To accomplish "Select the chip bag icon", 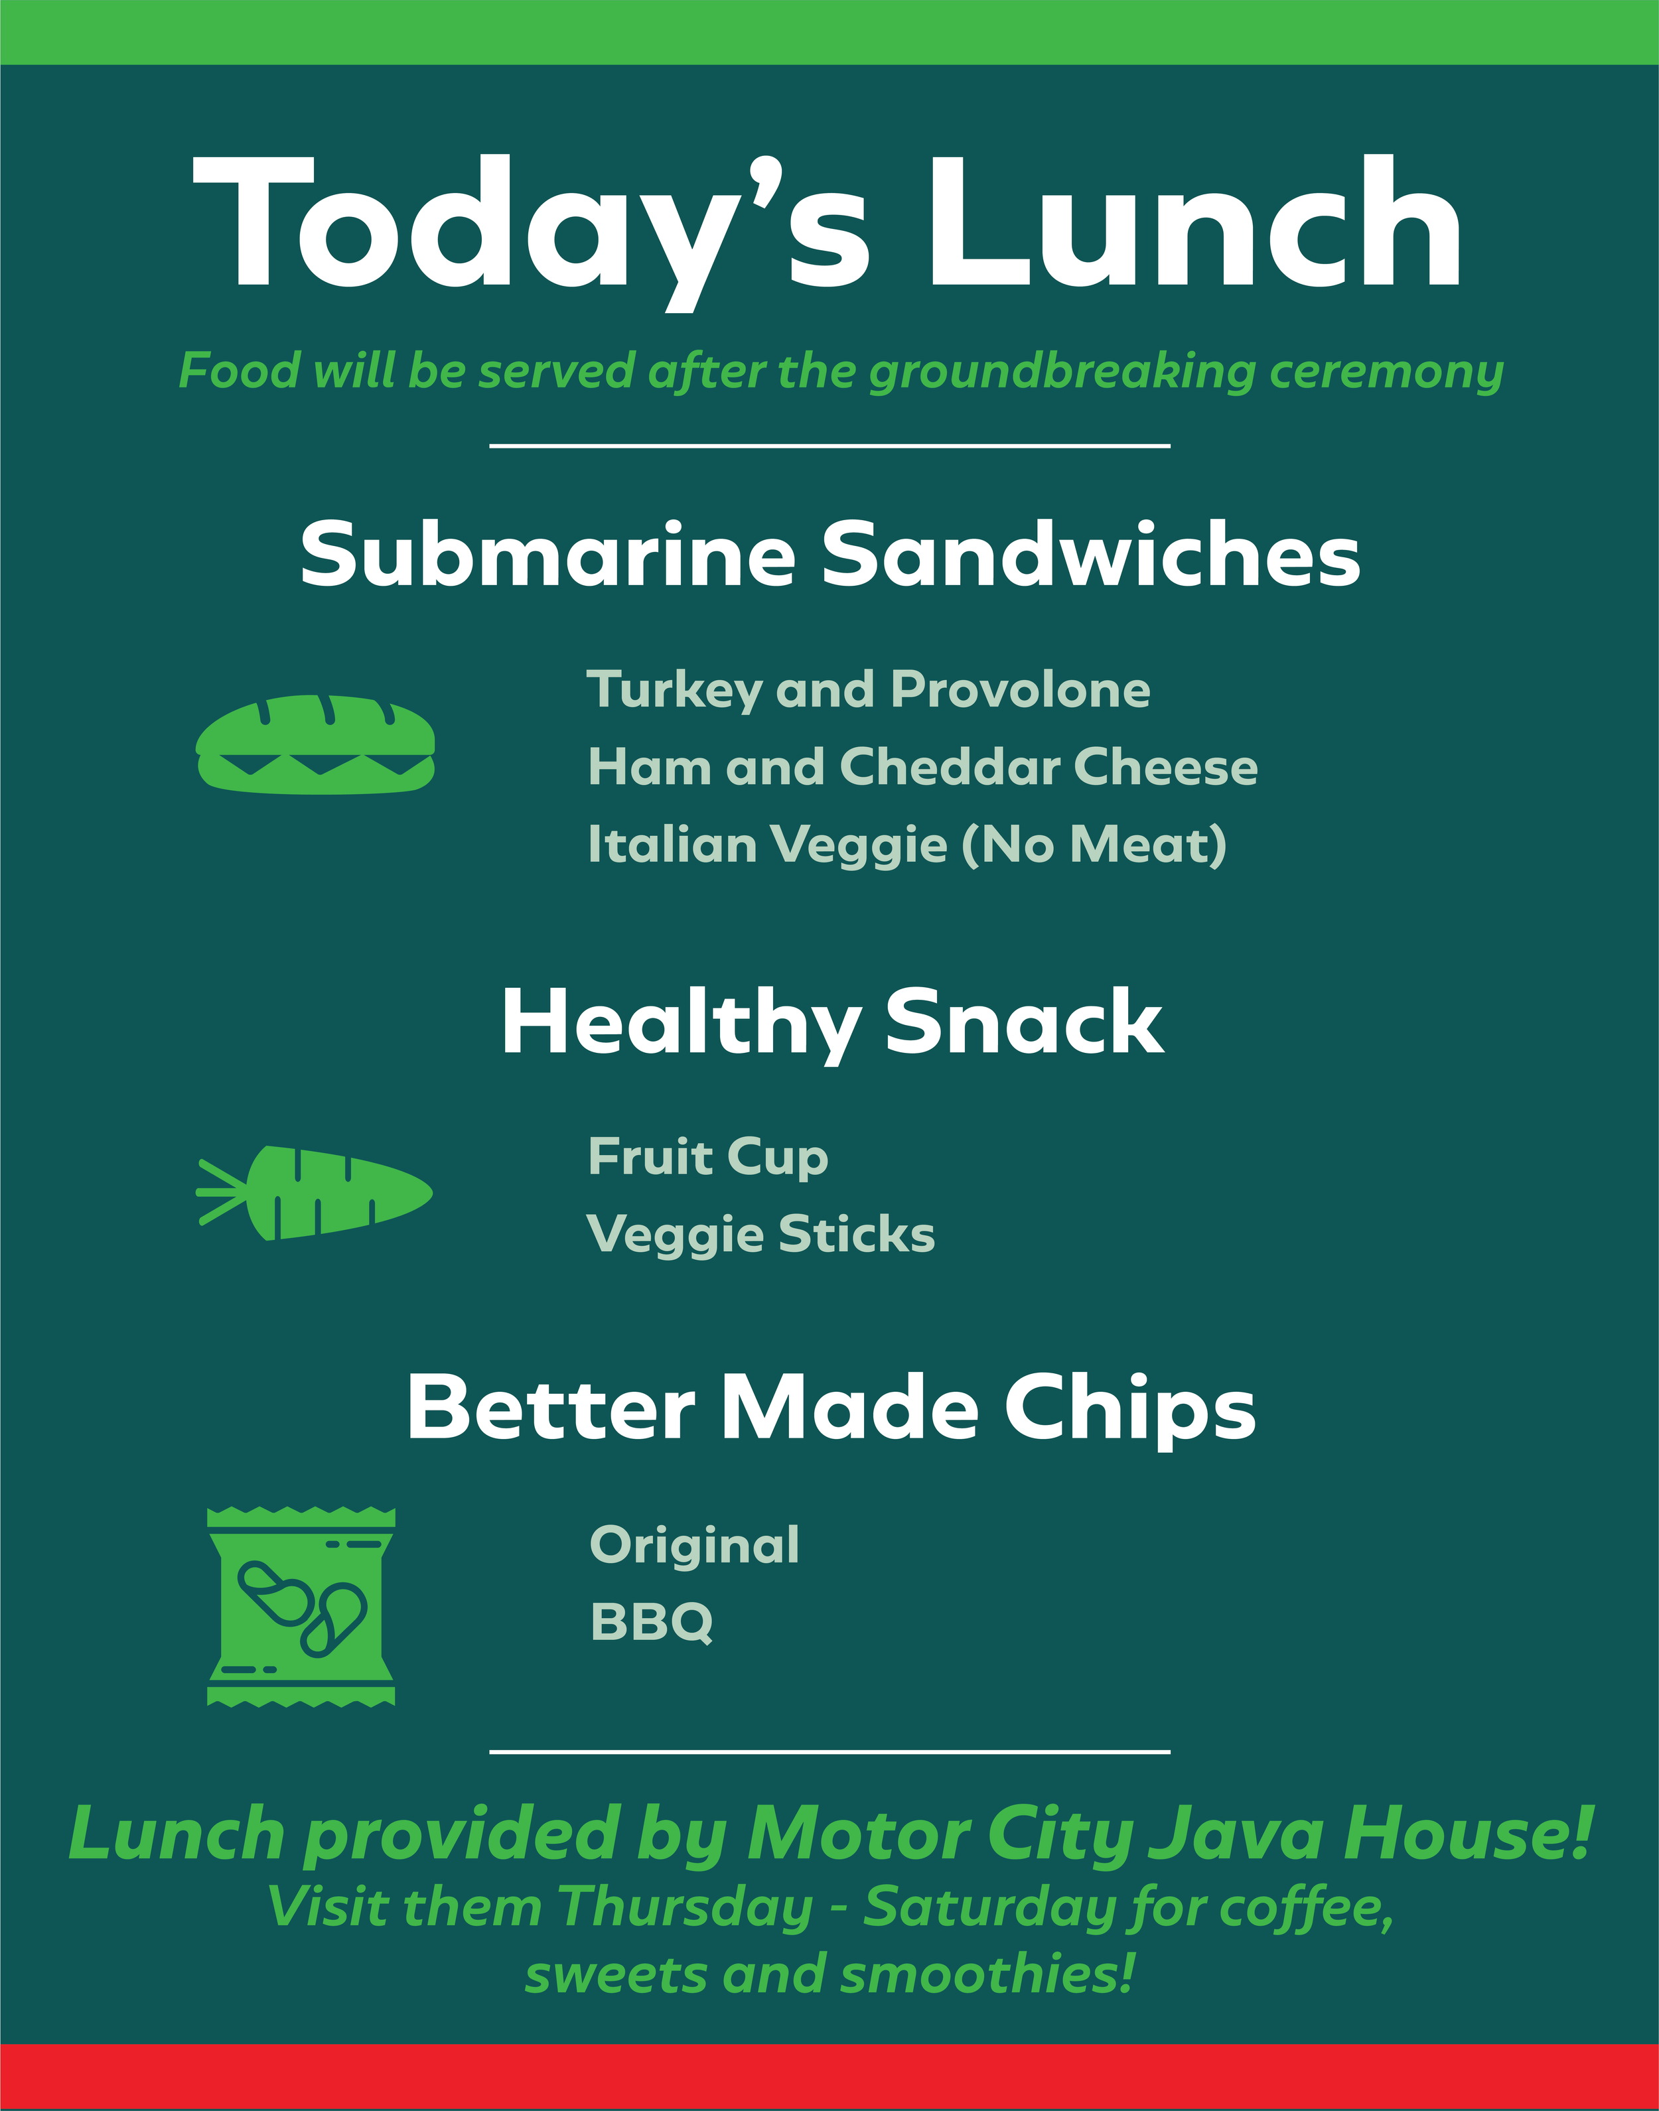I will (x=301, y=1607).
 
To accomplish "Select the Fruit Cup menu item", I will (x=708, y=1158).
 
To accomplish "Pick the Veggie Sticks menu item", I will (x=760, y=1235).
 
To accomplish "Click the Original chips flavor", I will (x=695, y=1545).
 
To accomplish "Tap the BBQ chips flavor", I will (x=652, y=1623).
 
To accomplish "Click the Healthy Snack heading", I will (x=831, y=1022).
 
